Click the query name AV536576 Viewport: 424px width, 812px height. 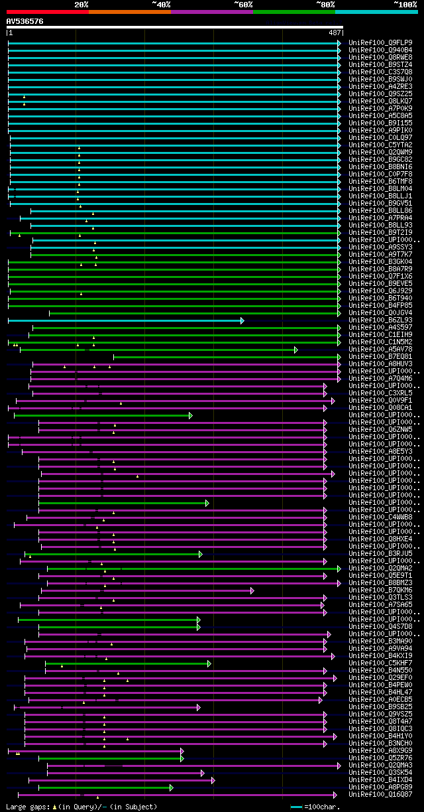(25, 21)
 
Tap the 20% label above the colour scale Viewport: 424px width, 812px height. (81, 5)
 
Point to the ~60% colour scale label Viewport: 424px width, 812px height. (243, 5)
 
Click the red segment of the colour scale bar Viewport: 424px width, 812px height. (47, 11)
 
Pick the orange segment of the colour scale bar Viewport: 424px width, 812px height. (129, 11)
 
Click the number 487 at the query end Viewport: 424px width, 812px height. (335, 33)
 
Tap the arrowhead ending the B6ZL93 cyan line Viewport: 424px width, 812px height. (242, 320)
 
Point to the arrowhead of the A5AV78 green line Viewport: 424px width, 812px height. (296, 350)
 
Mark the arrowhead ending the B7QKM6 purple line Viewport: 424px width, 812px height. (252, 590)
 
